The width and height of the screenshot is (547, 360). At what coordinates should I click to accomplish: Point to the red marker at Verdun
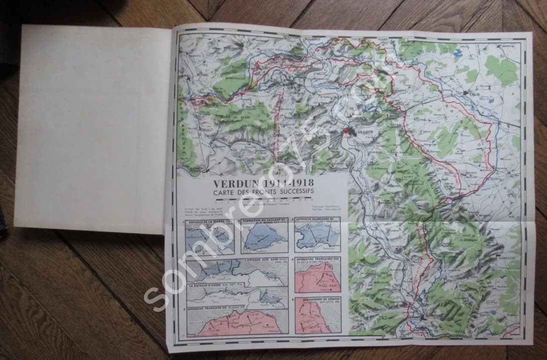pyautogui.click(x=347, y=132)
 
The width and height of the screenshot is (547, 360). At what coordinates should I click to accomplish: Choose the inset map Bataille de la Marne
pyautogui.click(x=209, y=236)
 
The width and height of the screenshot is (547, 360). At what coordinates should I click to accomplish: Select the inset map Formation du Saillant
pyautogui.click(x=264, y=236)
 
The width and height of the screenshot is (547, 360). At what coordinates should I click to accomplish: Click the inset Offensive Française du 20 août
pyautogui.click(x=237, y=321)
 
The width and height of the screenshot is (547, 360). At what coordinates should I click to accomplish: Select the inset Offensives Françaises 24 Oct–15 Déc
pyautogui.click(x=317, y=274)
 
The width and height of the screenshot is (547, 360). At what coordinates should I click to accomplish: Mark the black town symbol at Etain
pyautogui.click(x=465, y=93)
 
